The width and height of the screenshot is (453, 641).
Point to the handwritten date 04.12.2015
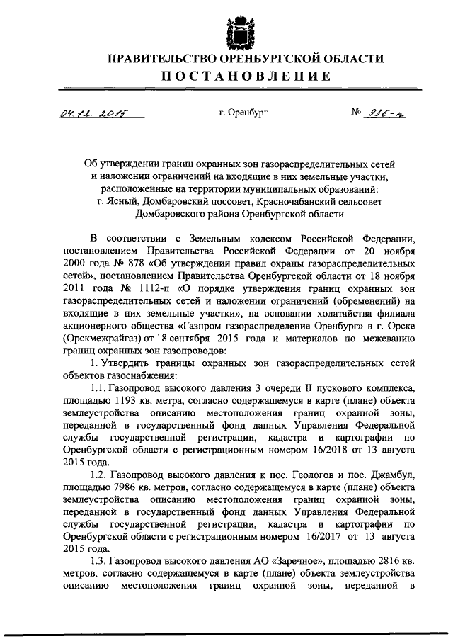coord(90,113)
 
